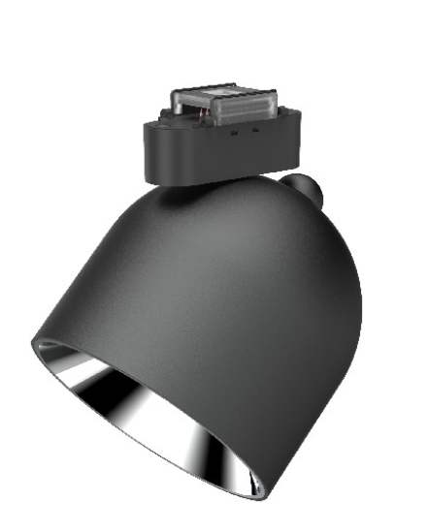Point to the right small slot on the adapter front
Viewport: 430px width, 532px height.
(254, 129)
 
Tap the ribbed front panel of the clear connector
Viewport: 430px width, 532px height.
(243, 110)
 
